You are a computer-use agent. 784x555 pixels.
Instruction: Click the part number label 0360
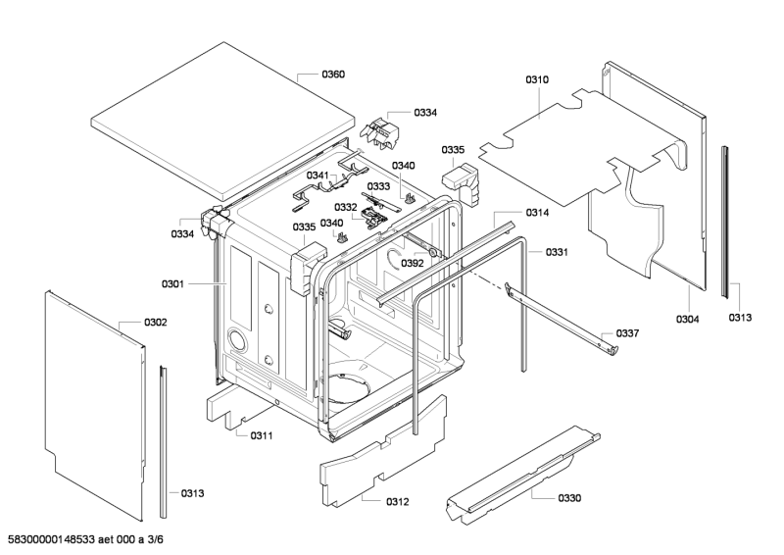coord(333,75)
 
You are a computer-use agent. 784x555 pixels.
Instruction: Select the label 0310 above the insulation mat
coord(537,79)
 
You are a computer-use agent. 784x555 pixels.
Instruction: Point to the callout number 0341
coord(318,176)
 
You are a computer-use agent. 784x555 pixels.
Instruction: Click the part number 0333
coord(378,186)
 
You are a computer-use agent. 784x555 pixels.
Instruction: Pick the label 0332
coord(345,207)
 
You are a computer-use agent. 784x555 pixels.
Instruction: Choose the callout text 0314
coord(537,213)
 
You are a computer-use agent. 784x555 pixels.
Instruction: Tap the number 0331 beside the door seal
coord(557,252)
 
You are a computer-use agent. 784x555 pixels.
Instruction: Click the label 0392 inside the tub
coord(412,263)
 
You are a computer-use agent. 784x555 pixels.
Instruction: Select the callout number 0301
coord(172,284)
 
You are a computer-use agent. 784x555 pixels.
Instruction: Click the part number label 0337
coord(627,334)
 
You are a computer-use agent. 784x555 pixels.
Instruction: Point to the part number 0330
coord(568,498)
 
